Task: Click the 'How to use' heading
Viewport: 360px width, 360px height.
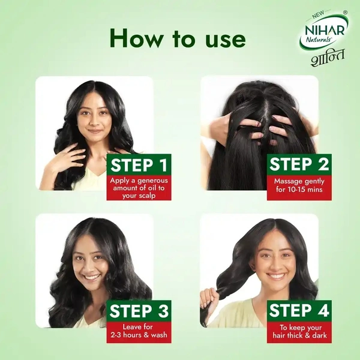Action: (x=178, y=39)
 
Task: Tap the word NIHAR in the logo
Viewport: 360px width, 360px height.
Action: (x=325, y=31)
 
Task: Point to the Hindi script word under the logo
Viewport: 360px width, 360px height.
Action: (x=328, y=58)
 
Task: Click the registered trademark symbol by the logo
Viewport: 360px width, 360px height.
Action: (x=345, y=12)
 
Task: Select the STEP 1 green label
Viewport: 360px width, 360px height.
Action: (x=139, y=165)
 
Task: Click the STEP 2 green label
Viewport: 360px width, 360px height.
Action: (x=299, y=164)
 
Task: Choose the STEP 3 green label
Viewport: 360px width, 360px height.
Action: (x=139, y=311)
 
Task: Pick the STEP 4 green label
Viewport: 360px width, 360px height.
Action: (x=299, y=311)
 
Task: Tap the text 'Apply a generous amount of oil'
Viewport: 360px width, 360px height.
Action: (x=139, y=184)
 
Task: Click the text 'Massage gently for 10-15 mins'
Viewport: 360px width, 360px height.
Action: (x=299, y=185)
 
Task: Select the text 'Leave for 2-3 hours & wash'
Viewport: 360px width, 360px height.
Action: (x=139, y=331)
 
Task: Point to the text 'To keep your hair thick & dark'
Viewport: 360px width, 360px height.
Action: (x=299, y=331)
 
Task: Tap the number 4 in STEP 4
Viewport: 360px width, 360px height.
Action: (x=323, y=311)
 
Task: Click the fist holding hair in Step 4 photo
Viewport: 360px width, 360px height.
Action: (x=209, y=298)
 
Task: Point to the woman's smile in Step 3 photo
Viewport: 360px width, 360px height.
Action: (x=92, y=277)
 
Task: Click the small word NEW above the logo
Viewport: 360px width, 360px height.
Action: (x=318, y=14)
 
